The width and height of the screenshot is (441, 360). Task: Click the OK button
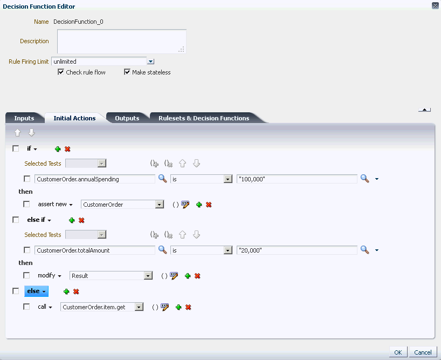click(398, 352)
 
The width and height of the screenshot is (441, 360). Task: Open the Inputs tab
click(24, 118)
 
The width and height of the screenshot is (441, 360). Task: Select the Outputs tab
click(127, 118)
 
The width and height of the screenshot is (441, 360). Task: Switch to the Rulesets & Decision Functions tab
click(204, 118)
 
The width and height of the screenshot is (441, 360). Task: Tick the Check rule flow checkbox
click(61, 72)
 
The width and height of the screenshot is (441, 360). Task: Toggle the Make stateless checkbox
click(127, 72)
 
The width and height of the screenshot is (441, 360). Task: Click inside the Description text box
click(121, 41)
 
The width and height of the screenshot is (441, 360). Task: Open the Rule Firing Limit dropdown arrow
click(151, 62)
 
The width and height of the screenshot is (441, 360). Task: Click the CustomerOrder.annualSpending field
click(94, 179)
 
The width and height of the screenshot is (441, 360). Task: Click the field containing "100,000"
click(297, 179)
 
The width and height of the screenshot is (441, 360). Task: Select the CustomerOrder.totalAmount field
click(94, 250)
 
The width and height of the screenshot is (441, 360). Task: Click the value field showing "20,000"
click(297, 250)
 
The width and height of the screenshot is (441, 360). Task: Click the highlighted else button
click(36, 291)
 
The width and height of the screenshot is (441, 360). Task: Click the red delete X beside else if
click(81, 220)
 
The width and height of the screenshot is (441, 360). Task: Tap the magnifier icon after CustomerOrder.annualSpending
click(162, 179)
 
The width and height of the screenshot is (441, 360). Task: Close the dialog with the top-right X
click(435, 5)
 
